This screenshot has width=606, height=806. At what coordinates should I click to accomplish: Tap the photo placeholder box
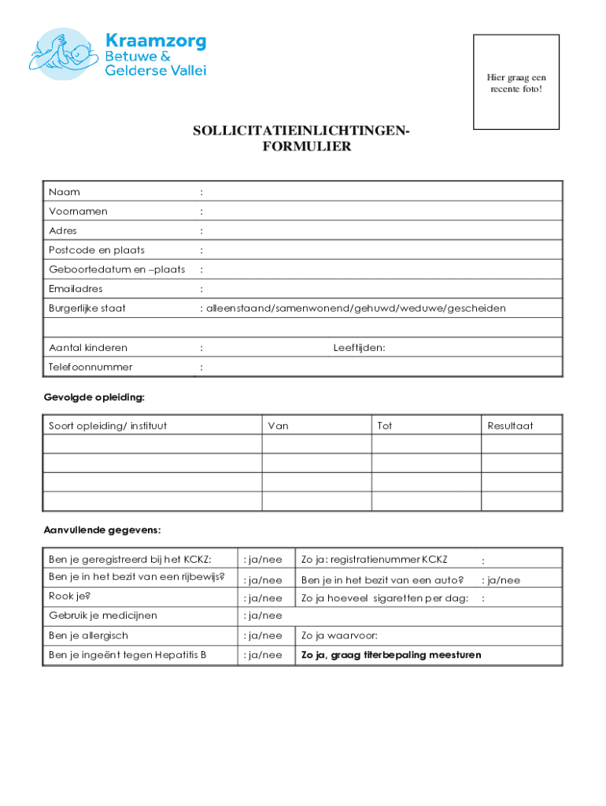point(515,82)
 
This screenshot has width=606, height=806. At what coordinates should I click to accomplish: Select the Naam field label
point(64,191)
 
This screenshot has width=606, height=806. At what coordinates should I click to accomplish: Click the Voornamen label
point(78,211)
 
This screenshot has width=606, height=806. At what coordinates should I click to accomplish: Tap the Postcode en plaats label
point(96,250)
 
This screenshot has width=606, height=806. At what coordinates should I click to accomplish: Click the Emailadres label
point(76,289)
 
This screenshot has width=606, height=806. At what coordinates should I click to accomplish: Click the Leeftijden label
point(359,348)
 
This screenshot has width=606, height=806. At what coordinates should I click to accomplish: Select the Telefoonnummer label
point(91,367)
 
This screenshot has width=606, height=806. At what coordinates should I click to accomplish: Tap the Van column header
point(278,426)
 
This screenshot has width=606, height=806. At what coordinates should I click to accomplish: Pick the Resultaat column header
point(510,426)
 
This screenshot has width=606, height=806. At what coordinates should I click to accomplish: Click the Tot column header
point(384,426)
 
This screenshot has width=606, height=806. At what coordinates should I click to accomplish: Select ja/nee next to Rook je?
point(263,599)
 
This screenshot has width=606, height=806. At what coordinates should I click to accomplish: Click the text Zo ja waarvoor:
point(339,635)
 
